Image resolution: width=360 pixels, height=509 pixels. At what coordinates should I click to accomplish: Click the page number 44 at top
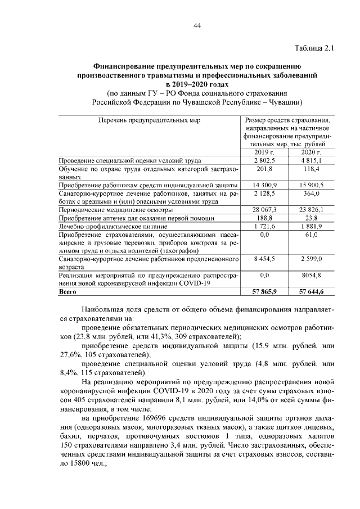[x=197, y=25]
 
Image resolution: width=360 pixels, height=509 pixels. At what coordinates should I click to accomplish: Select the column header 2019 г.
[x=264, y=152]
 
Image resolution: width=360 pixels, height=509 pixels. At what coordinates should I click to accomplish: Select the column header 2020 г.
[x=310, y=152]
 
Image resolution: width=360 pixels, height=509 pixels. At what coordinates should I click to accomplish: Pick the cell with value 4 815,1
[x=310, y=160]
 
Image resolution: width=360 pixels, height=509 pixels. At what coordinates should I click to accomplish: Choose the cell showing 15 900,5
[x=310, y=185]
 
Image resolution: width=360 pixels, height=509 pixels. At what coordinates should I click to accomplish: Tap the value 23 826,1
[x=310, y=210]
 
